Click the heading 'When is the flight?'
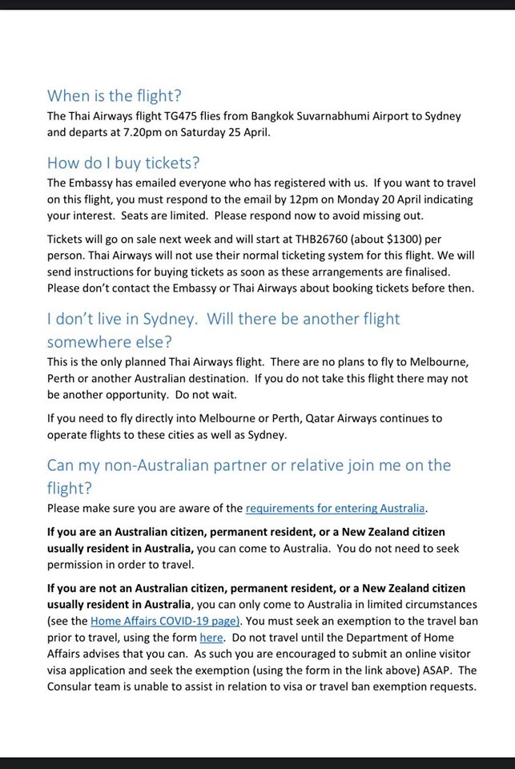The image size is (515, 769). (x=115, y=96)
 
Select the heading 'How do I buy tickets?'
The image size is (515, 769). (x=123, y=163)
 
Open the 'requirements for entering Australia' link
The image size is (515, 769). (x=336, y=508)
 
